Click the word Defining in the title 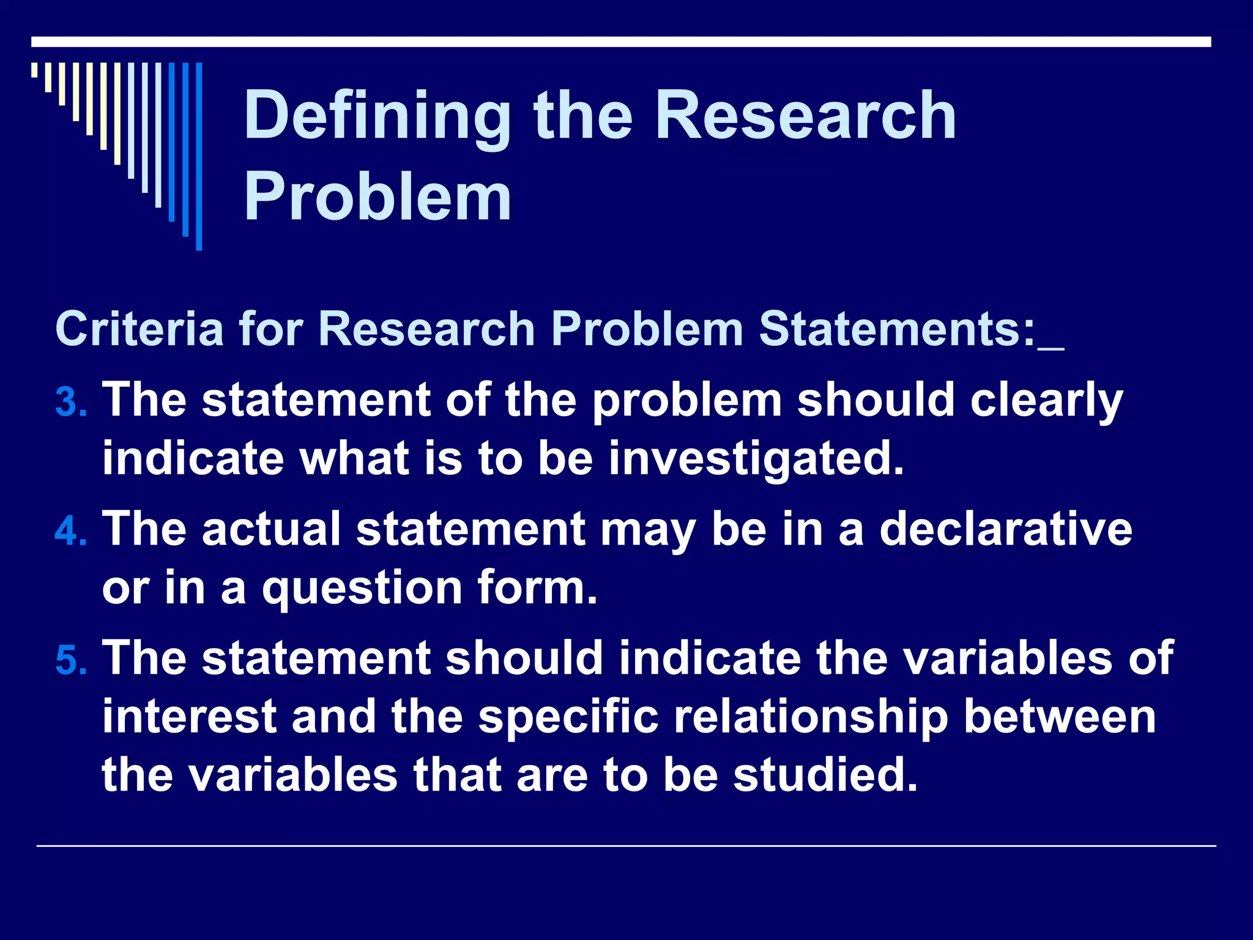(377, 116)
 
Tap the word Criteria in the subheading (139, 329)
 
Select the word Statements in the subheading (897, 329)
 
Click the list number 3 (69, 404)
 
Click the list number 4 (69, 532)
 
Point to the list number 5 (69, 662)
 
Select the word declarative (1005, 529)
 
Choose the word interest (189, 717)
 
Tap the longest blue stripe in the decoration (199, 156)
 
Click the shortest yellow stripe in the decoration (34, 70)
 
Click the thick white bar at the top (620, 42)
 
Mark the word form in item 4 (537, 587)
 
